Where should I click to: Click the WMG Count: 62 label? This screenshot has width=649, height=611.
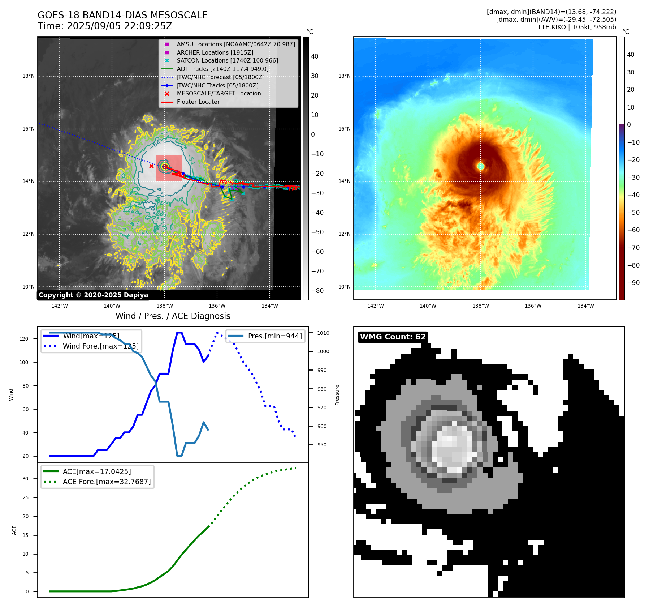(x=393, y=337)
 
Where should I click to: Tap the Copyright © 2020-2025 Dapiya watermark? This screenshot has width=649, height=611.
(x=93, y=295)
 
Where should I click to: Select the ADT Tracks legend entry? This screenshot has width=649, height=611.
(x=222, y=69)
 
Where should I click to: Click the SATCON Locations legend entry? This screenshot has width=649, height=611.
(x=227, y=61)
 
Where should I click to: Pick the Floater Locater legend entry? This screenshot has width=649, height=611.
(x=198, y=102)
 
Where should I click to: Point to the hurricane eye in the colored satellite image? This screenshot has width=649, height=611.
(x=481, y=166)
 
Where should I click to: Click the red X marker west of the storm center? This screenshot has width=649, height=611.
(x=151, y=166)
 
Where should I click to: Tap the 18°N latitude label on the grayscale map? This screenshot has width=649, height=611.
(x=29, y=76)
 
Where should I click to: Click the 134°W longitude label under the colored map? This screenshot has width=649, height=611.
(x=585, y=306)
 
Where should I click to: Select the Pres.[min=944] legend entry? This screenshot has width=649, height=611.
(x=274, y=336)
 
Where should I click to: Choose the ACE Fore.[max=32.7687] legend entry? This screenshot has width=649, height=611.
(x=107, y=482)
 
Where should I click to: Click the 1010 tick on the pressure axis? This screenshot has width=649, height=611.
(x=323, y=333)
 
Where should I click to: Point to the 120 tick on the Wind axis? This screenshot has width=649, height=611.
(x=24, y=339)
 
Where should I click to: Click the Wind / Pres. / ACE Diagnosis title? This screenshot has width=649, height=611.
(x=173, y=316)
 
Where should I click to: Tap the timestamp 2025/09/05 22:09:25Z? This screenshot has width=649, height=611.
(x=120, y=26)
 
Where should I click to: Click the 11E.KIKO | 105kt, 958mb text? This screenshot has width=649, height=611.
(x=576, y=27)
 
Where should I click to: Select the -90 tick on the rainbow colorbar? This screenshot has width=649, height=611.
(x=633, y=283)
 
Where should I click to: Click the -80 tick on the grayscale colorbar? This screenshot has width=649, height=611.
(x=317, y=291)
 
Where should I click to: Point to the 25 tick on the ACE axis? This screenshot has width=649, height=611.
(x=25, y=497)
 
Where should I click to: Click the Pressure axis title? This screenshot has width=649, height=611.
(x=337, y=395)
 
